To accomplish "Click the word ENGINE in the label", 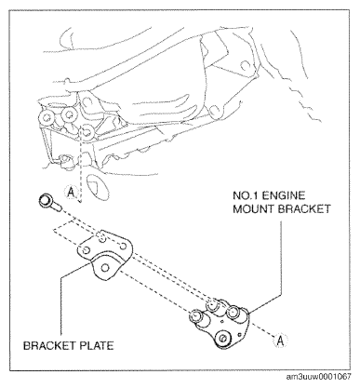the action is point(284,195).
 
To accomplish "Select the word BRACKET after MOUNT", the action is point(304,208).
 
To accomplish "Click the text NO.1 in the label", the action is point(246,195).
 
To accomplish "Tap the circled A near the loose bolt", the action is point(71,193).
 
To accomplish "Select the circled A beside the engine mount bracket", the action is point(280,341).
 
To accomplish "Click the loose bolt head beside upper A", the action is point(47,201).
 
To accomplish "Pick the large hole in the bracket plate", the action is point(105,267).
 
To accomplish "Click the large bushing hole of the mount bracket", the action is point(222,338).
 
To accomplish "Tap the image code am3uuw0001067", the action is point(318,377).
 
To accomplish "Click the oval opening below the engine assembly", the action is point(98,187).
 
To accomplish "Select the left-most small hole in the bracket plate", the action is point(87,249).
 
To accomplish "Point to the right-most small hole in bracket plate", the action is point(123,247).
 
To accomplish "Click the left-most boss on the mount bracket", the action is point(196,316).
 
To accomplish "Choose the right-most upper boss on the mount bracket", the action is point(233,311).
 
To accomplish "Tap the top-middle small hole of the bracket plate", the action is point(101,238).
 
